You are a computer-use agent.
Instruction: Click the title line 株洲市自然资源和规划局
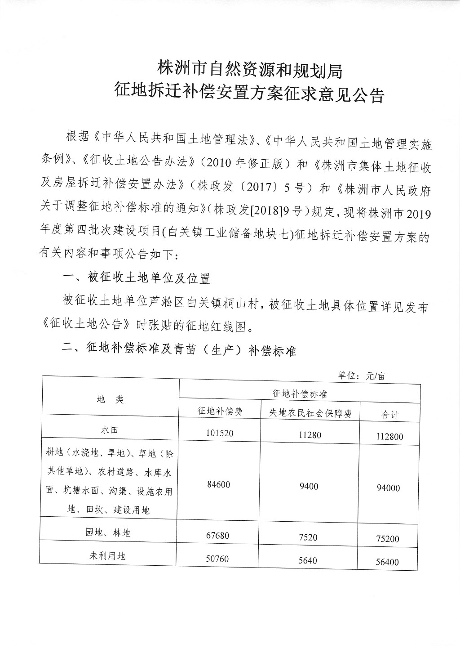coord(250,70)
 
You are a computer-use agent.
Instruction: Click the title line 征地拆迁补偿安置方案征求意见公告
coord(250,94)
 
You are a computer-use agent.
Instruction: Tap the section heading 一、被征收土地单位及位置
coord(137,278)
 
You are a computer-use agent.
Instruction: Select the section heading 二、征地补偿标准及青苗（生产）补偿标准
coord(180,350)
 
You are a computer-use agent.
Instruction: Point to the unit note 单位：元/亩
coord(362,376)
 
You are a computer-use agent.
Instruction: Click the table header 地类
coord(111,399)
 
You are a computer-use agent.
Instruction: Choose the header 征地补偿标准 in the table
coord(300,394)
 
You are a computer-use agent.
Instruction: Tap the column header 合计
coord(390,415)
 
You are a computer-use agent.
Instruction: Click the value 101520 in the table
coord(220,433)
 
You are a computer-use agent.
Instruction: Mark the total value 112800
coord(389,436)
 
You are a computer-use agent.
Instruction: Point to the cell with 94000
coord(389,488)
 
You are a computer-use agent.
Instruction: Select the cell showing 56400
coord(387,562)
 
